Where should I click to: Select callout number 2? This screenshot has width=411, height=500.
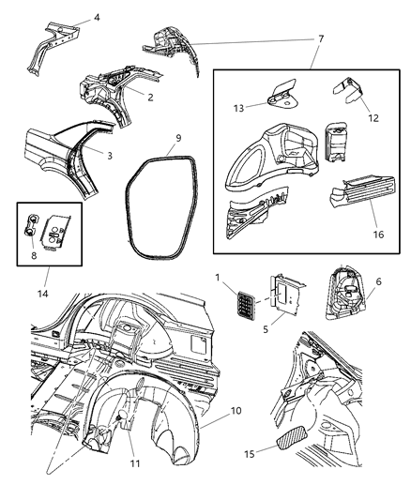click(x=149, y=96)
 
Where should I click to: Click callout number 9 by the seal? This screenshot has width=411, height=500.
click(x=177, y=139)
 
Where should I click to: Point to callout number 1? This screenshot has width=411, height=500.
click(x=219, y=278)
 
